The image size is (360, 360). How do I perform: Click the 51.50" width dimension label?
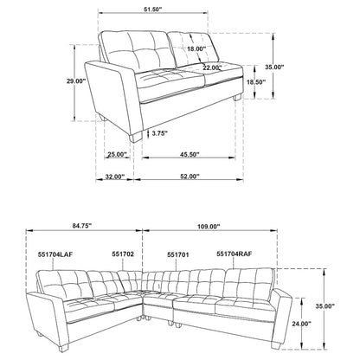click(153, 9)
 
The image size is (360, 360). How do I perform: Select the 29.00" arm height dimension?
click(76, 81)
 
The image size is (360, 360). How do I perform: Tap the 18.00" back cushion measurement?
click(196, 48)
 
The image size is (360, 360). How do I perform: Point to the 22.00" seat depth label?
click(212, 67)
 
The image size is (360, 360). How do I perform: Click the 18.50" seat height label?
click(256, 82)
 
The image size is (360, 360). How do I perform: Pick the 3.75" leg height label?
click(159, 133)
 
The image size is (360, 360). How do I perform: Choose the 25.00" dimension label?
click(118, 155)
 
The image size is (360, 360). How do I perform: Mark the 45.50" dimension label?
click(190, 155)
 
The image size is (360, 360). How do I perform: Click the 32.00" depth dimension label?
click(114, 177)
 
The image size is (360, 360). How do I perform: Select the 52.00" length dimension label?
click(190, 177)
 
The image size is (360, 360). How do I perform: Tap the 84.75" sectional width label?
click(82, 226)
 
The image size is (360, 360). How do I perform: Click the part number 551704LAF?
click(55, 254)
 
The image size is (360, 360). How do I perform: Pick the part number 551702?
click(123, 254)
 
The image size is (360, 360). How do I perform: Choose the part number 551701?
click(178, 254)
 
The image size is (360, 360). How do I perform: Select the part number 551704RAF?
click(235, 254)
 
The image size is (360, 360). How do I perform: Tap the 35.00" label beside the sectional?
click(325, 306)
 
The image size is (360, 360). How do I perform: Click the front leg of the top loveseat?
click(136, 138)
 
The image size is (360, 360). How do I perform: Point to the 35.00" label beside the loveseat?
click(274, 67)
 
